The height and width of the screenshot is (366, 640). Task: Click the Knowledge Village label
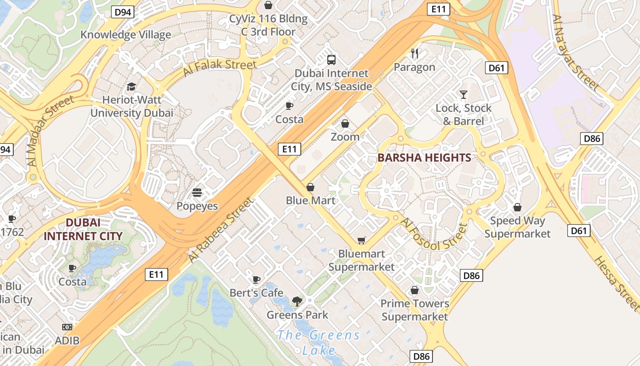coord(126,35)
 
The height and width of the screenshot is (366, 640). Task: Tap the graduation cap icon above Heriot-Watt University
coord(131,86)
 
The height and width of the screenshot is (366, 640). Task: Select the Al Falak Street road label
coord(219,67)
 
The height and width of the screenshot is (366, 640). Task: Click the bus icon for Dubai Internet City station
coord(331,60)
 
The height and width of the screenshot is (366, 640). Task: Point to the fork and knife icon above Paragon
coord(415,54)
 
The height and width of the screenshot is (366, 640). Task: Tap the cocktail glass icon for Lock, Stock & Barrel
coord(464,95)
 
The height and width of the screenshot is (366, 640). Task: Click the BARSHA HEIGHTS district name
coord(424,158)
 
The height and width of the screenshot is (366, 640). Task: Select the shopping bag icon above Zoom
coord(345,124)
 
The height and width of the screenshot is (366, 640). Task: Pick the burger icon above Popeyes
coord(197,193)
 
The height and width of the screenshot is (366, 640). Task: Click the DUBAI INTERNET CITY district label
coord(83,230)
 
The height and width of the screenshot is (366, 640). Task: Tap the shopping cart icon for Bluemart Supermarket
coord(362,240)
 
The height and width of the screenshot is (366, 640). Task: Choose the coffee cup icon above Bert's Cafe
coord(256,280)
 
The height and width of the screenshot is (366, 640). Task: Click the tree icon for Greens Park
coord(297,301)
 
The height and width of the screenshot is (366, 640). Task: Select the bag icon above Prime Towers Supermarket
coord(415,290)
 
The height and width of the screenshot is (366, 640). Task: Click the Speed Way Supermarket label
coord(517,227)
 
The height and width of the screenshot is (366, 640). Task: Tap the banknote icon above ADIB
coord(67,327)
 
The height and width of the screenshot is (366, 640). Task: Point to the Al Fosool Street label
coord(434,235)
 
